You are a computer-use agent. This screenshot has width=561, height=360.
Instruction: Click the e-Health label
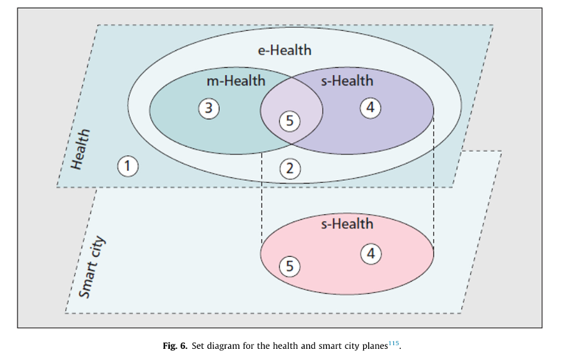(284, 50)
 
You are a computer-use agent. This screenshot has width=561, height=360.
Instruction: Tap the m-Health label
(235, 81)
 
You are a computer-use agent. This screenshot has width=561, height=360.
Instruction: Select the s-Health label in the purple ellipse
(347, 81)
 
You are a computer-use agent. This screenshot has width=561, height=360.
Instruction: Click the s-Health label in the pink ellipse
(347, 223)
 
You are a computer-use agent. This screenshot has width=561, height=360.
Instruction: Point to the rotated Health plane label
(81, 149)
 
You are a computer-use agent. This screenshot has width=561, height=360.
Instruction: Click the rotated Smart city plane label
(92, 268)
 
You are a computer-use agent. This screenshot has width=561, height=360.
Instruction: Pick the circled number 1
(127, 166)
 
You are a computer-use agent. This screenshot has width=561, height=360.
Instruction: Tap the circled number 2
(290, 168)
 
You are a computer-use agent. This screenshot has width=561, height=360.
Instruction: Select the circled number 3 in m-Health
(209, 109)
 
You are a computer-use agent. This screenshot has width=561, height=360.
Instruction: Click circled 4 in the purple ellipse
(370, 108)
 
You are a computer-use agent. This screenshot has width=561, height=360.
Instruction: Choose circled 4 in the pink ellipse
(370, 254)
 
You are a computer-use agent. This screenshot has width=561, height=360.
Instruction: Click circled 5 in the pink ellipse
(289, 266)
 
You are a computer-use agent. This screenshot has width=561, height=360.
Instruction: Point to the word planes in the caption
(372, 346)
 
